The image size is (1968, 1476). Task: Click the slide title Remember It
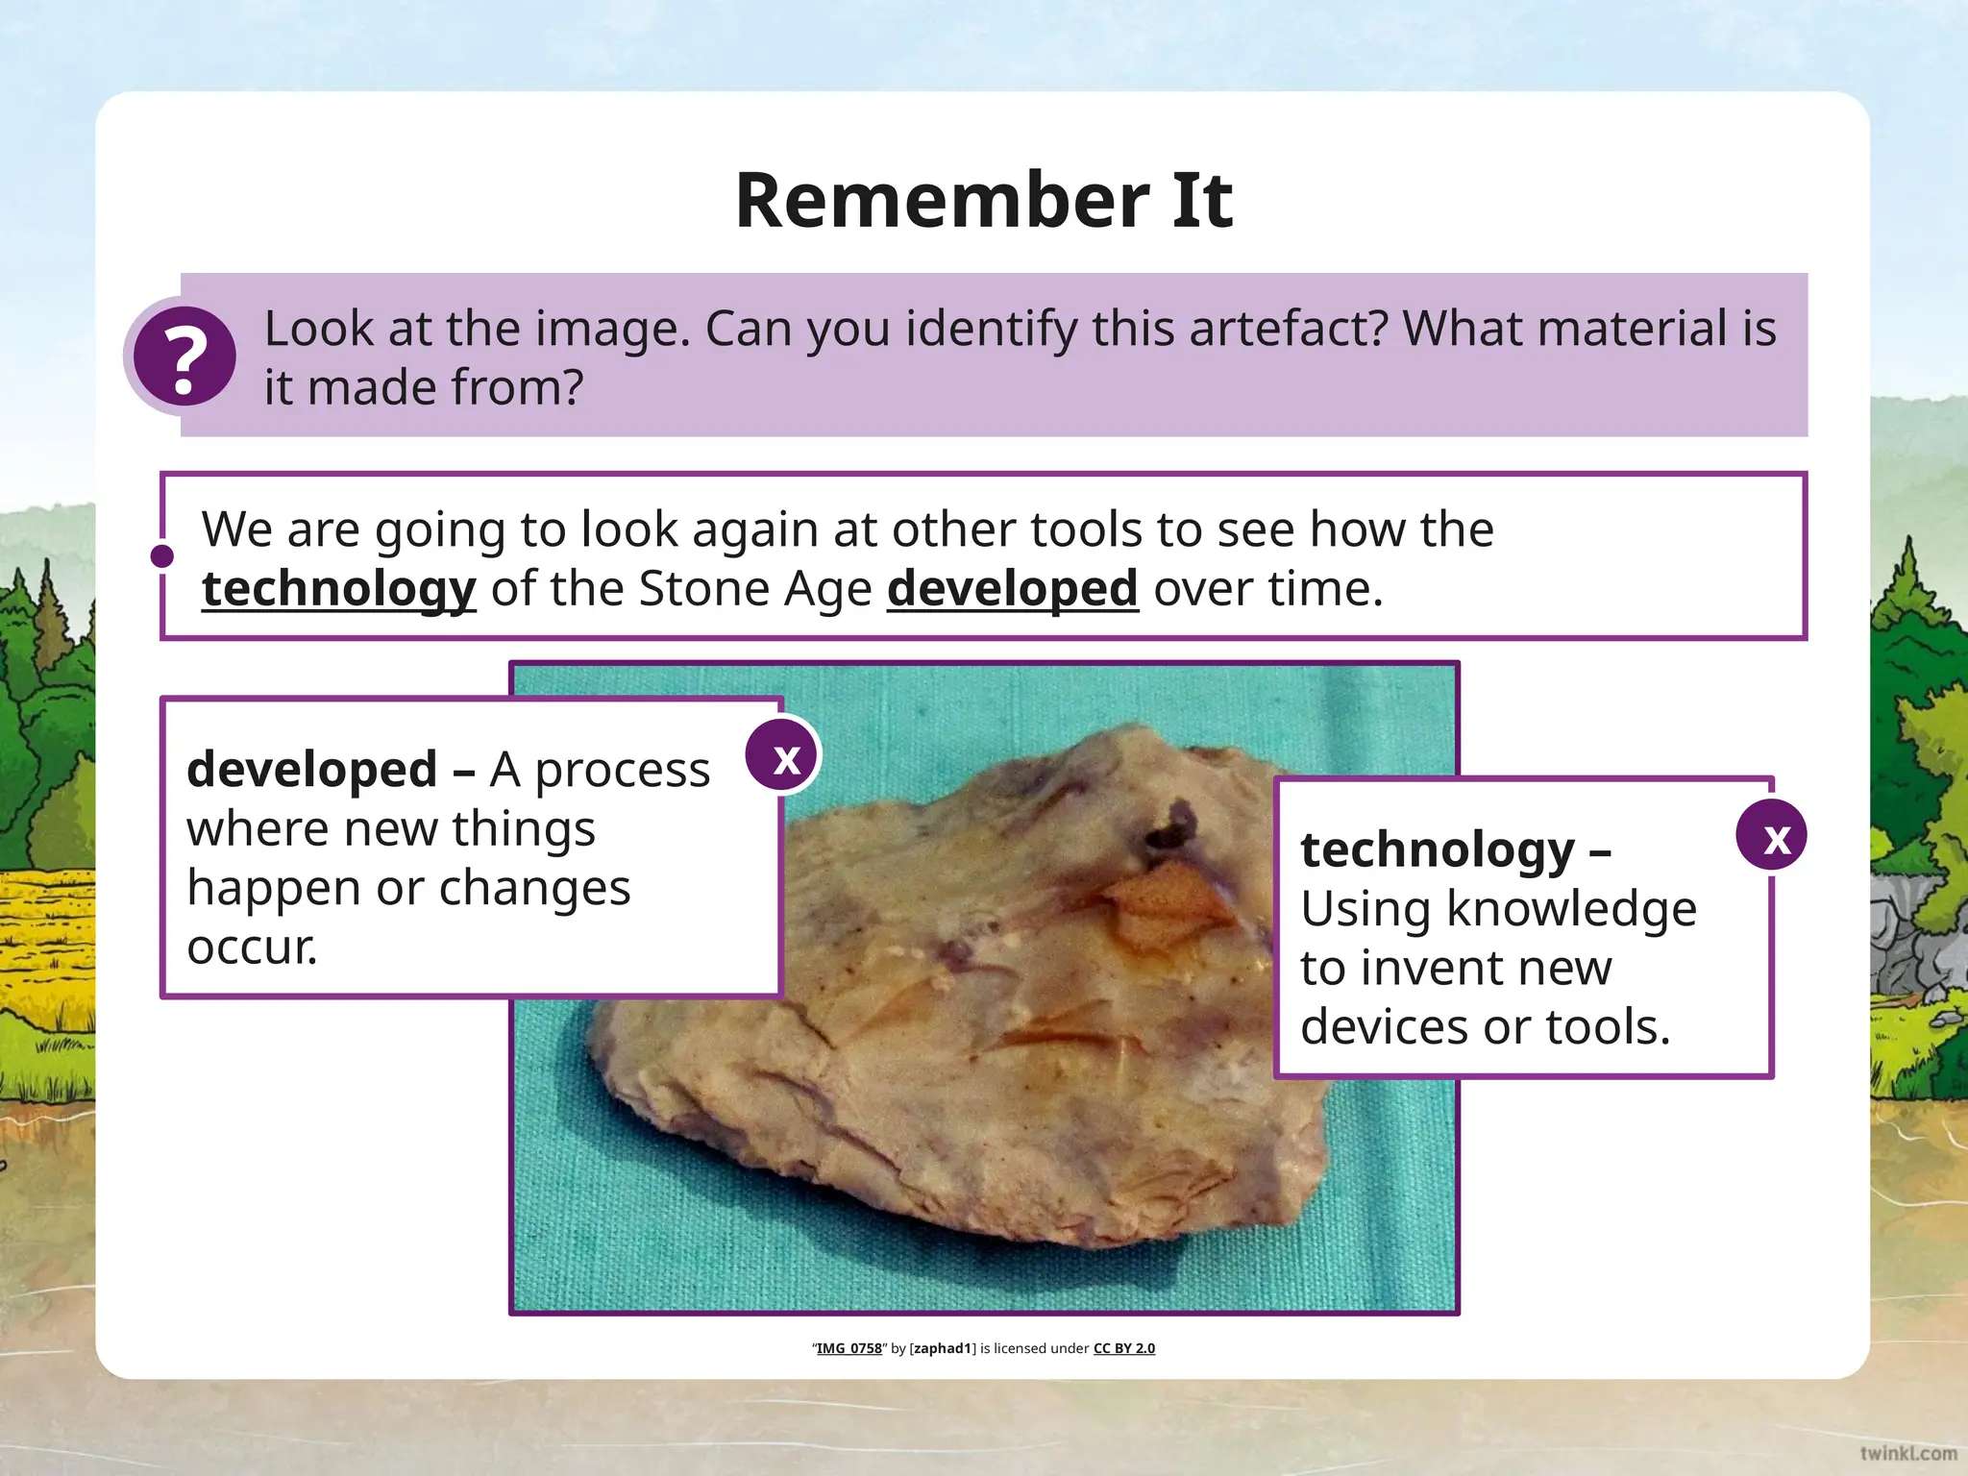click(983, 200)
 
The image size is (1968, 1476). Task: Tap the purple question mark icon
click(184, 357)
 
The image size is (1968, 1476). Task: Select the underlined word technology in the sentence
click(338, 588)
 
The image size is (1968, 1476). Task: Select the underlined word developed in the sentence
click(1012, 588)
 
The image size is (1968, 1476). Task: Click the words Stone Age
click(755, 588)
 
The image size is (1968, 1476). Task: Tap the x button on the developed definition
click(784, 758)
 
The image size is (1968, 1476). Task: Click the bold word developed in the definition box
click(312, 769)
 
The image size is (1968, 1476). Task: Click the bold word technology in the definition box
click(1437, 849)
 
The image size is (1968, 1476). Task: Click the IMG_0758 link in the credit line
click(849, 1348)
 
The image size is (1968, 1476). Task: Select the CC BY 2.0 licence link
click(1123, 1348)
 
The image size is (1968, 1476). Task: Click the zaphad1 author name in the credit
click(943, 1348)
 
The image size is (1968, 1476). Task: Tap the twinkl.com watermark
click(1907, 1452)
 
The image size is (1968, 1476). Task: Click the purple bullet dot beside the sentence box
click(162, 556)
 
